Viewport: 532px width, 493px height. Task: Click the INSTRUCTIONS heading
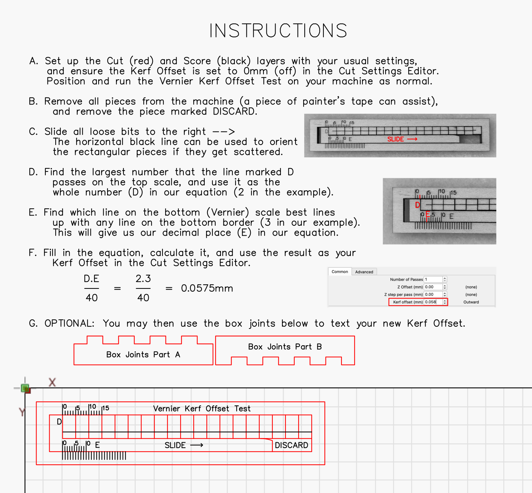(x=278, y=31)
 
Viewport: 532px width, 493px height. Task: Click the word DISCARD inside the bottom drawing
(x=291, y=445)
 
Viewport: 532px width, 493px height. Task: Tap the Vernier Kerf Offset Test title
(x=202, y=409)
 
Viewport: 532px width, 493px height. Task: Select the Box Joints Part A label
(x=143, y=354)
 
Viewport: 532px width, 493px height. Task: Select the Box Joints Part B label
(x=285, y=347)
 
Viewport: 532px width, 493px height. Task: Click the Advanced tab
(x=364, y=272)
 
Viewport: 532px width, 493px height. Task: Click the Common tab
(x=340, y=271)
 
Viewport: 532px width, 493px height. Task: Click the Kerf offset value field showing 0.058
(x=433, y=302)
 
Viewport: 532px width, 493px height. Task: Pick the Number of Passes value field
(x=433, y=279)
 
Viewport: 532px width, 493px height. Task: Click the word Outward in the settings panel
(x=471, y=302)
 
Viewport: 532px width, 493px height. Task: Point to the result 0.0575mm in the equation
(x=207, y=288)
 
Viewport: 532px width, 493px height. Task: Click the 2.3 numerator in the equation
(x=143, y=279)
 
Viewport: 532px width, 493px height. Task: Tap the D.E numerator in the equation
(x=92, y=279)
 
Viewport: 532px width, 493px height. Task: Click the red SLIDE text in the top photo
(x=395, y=139)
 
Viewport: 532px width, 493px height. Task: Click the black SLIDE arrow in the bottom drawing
(x=197, y=445)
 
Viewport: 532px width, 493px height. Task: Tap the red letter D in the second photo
(x=417, y=205)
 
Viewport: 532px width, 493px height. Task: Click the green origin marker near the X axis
(x=25, y=388)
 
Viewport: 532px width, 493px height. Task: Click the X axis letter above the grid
(x=52, y=382)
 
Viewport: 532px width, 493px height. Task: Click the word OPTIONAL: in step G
(x=70, y=323)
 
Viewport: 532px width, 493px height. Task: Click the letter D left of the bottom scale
(x=59, y=422)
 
